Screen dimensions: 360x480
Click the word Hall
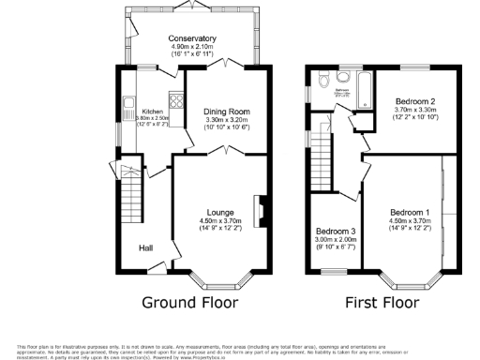coord(148,248)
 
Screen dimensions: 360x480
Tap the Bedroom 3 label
coord(336,232)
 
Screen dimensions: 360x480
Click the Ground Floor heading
coord(190,303)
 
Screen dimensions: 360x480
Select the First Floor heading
coord(382,303)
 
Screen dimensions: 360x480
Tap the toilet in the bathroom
coord(322,79)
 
